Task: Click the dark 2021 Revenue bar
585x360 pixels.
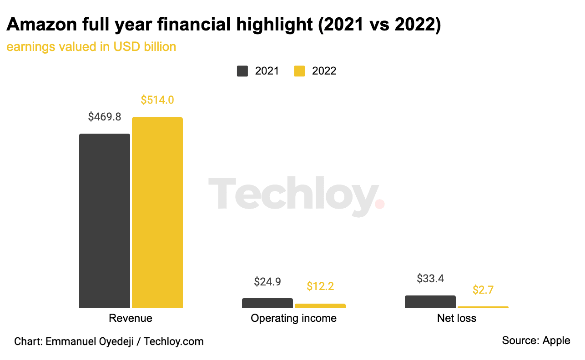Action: [x=105, y=220]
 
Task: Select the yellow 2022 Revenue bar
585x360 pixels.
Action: [x=157, y=212]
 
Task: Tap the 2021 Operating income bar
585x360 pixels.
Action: [x=267, y=303]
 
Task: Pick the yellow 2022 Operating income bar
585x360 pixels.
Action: [x=320, y=305]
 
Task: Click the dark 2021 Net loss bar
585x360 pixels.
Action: [x=430, y=301]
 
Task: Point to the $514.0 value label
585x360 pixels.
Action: [x=157, y=100]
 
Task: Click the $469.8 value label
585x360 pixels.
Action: [x=105, y=117]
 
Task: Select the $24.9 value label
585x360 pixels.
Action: [x=267, y=281]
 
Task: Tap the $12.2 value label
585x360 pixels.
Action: [x=320, y=286]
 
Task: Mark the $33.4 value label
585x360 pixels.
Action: [x=430, y=279]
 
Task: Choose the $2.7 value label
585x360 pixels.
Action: [x=483, y=290]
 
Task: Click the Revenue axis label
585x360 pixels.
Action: [x=131, y=318]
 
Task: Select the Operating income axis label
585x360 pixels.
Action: [x=293, y=318]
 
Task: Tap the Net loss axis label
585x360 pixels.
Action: [x=457, y=318]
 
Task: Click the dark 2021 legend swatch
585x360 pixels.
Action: [x=242, y=71]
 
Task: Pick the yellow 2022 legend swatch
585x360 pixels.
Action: [x=299, y=71]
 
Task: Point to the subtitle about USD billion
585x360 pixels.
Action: [x=91, y=46]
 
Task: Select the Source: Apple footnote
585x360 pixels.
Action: [x=536, y=340]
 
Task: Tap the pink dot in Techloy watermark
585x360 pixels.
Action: [x=380, y=204]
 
